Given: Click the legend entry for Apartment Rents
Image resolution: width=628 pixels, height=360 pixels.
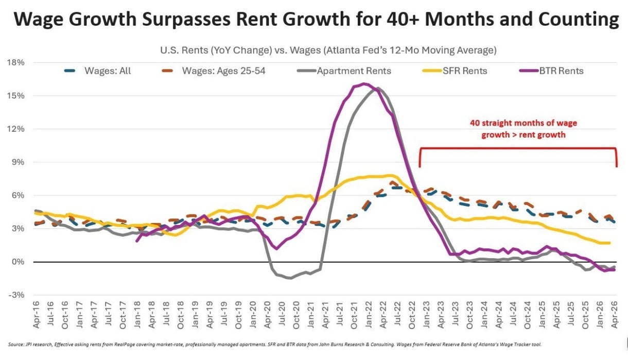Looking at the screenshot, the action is coord(344,71).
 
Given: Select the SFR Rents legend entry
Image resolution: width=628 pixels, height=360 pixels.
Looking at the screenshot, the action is coord(455,71).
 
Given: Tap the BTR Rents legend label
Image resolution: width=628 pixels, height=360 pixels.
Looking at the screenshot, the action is coord(551,71).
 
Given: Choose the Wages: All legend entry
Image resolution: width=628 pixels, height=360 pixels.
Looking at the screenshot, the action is coord(98,71).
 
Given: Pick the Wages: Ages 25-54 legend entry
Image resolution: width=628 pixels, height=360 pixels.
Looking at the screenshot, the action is coord(213,71).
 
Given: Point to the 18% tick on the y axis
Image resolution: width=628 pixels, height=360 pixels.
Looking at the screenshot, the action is coord(15,62).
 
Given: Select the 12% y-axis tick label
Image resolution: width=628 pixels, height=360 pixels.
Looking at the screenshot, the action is coord(15,129).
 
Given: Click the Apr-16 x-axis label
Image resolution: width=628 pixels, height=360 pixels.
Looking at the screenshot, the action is coord(36,315).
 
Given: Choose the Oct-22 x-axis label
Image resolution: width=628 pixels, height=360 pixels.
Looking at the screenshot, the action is coord(412,315).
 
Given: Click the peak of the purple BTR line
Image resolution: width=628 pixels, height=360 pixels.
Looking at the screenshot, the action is coord(364,83).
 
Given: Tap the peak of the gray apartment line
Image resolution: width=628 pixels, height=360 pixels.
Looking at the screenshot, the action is coord(378,88).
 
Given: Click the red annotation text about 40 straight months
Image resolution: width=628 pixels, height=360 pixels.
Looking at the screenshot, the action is coord(524,129).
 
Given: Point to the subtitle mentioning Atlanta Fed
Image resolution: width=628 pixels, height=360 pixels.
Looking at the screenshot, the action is coord(328,50).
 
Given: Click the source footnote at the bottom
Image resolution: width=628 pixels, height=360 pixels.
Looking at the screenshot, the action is coord(275,344).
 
